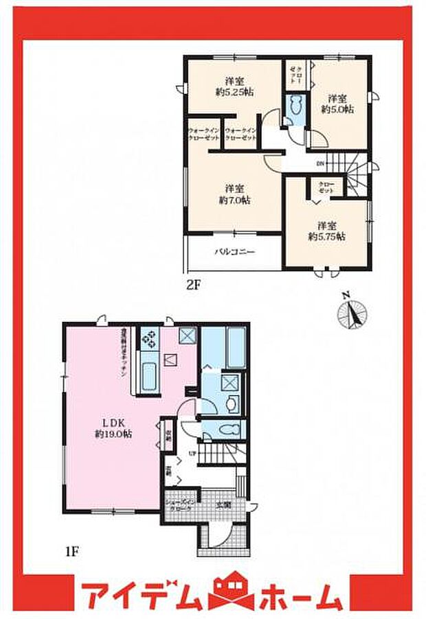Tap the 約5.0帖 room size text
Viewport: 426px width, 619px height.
click(338, 109)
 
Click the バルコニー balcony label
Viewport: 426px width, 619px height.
click(234, 252)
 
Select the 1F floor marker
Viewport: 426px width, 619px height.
click(71, 550)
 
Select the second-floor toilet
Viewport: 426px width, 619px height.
click(295, 108)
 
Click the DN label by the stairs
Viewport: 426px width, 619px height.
click(320, 164)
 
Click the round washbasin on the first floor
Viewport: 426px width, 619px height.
click(231, 403)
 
